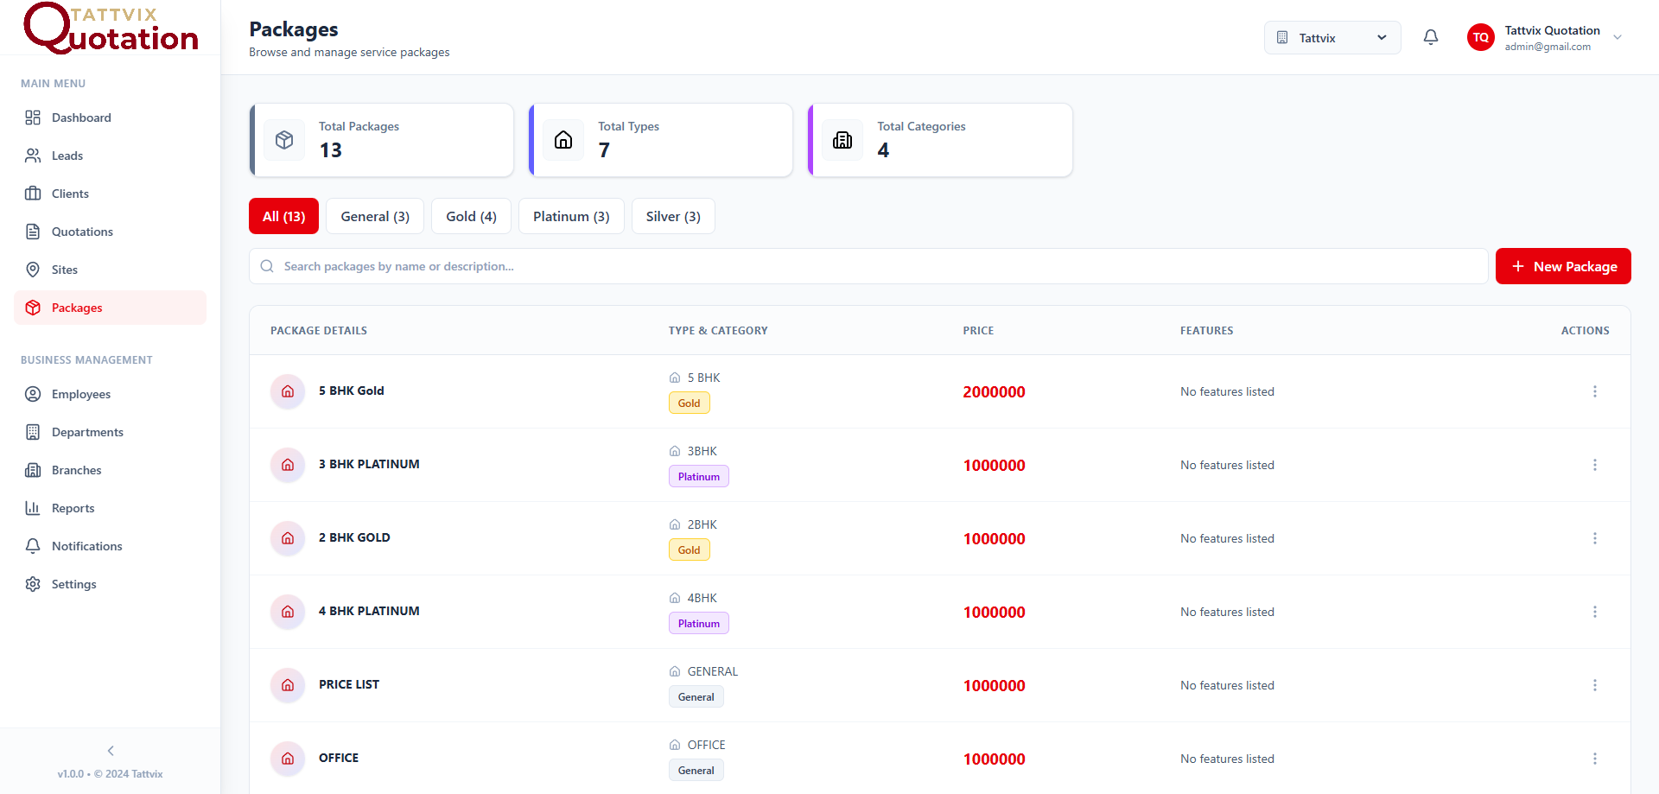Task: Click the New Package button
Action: click(x=1562, y=266)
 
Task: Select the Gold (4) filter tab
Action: click(x=471, y=216)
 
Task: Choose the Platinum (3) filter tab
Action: click(x=570, y=216)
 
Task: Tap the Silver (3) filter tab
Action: click(x=672, y=216)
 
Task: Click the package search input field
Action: click(x=864, y=266)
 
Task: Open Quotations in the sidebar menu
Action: click(x=82, y=232)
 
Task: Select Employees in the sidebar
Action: click(x=80, y=394)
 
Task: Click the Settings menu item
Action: click(x=73, y=584)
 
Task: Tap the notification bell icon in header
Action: click(x=1431, y=37)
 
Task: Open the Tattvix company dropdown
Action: click(x=1332, y=38)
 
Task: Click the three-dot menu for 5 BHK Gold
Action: click(x=1594, y=391)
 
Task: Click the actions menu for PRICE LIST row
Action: click(x=1594, y=685)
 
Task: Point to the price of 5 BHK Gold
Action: click(x=994, y=392)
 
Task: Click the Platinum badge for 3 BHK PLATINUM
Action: click(x=698, y=477)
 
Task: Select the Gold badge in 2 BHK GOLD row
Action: click(x=689, y=550)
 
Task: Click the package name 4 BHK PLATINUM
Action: click(x=369, y=611)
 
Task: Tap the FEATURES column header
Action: click(x=1206, y=331)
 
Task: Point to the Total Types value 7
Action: click(x=604, y=150)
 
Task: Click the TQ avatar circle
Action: click(x=1480, y=37)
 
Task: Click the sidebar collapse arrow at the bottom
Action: click(x=111, y=751)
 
